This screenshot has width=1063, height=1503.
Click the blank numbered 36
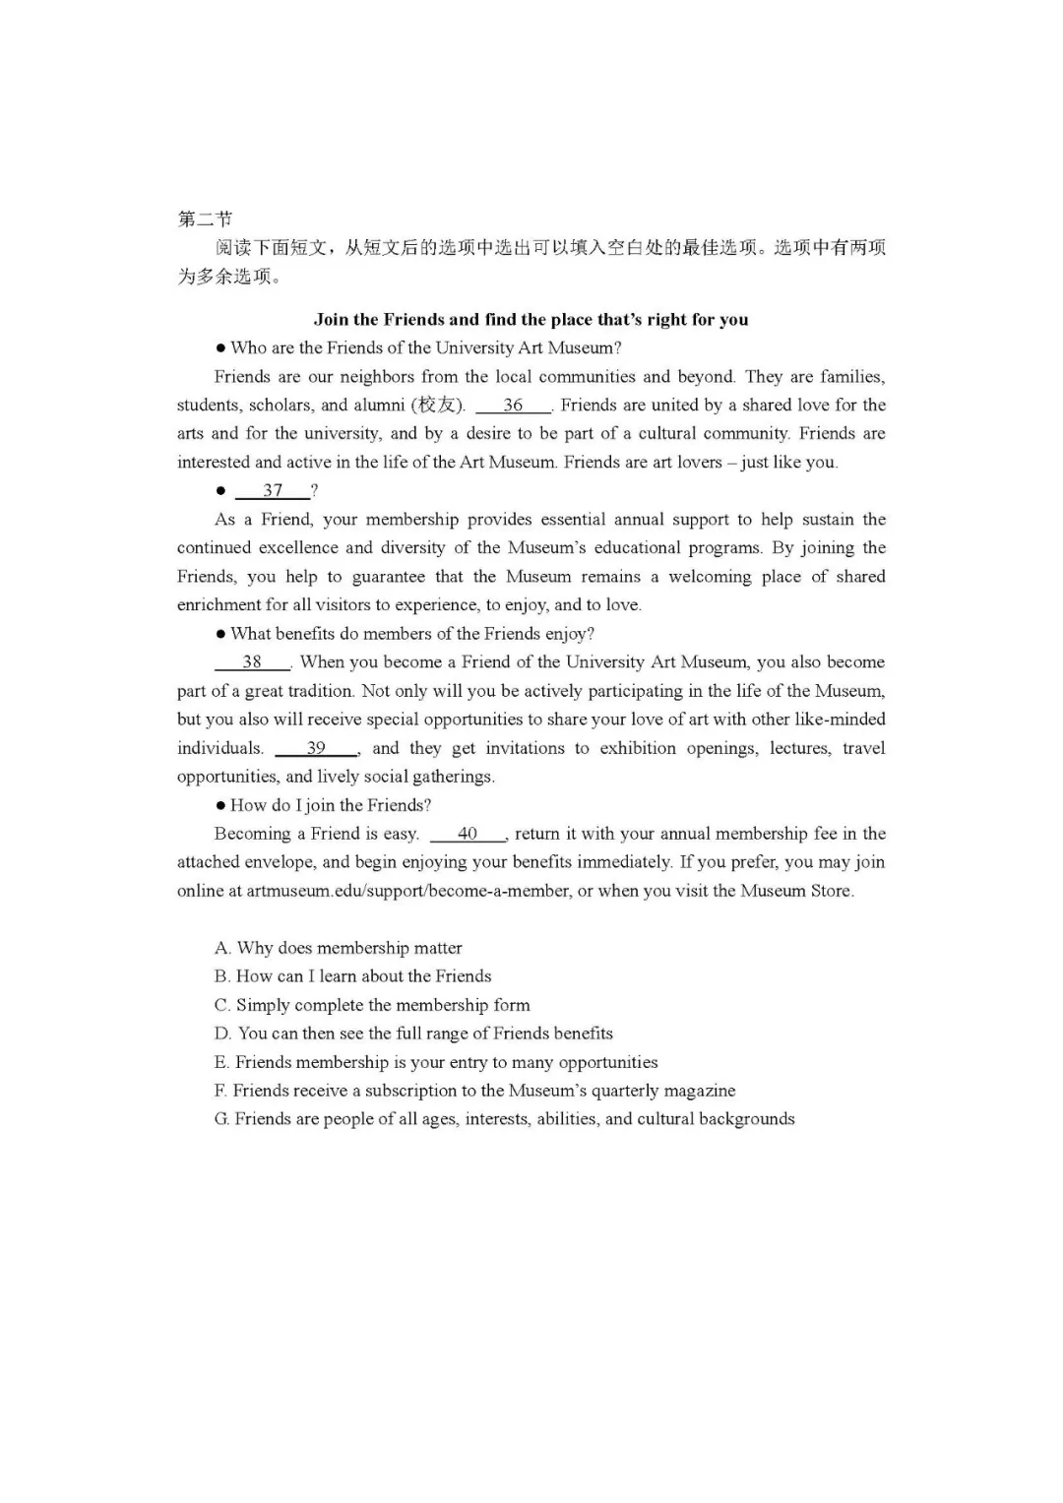(x=513, y=406)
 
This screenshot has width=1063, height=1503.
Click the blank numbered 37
(x=273, y=491)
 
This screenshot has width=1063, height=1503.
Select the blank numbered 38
(x=252, y=662)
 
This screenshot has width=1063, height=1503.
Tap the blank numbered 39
(x=316, y=748)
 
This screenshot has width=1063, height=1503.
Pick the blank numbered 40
(x=468, y=834)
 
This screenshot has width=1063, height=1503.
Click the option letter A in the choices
(x=222, y=949)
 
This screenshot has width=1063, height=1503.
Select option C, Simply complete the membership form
(x=372, y=1006)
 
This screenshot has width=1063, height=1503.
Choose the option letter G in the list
(x=221, y=1120)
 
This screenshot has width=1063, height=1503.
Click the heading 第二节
(x=205, y=219)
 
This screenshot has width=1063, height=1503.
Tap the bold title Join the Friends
(x=531, y=320)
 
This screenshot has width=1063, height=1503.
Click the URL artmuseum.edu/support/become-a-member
(x=407, y=892)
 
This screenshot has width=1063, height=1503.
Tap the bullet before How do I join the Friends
(x=220, y=806)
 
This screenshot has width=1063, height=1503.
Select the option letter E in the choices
(x=221, y=1063)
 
